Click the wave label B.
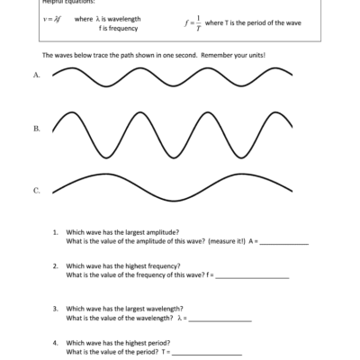pyautogui.click(x=36, y=130)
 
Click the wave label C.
pyautogui.click(x=36, y=191)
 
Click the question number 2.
pyautogui.click(x=55, y=266)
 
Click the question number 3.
pyautogui.click(x=55, y=309)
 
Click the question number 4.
pyautogui.click(x=55, y=343)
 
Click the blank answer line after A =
pyautogui.click(x=283, y=243)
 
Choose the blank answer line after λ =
pyautogui.click(x=220, y=319)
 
